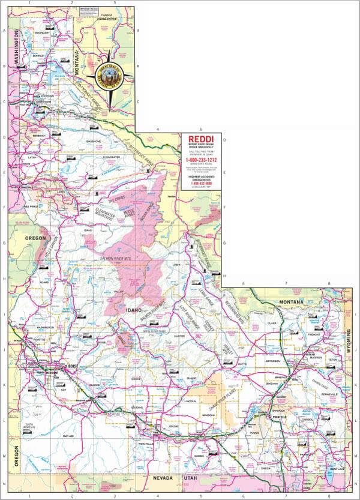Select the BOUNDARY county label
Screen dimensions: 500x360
[x=42, y=32]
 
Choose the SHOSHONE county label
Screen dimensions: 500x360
[x=94, y=141]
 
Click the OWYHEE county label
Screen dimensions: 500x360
[x=67, y=428]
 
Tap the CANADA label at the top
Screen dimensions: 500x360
[x=107, y=14]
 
